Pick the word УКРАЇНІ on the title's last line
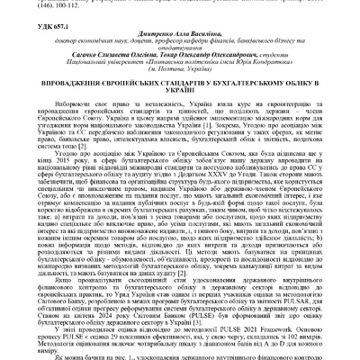pyautogui.click(x=180, y=112)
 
